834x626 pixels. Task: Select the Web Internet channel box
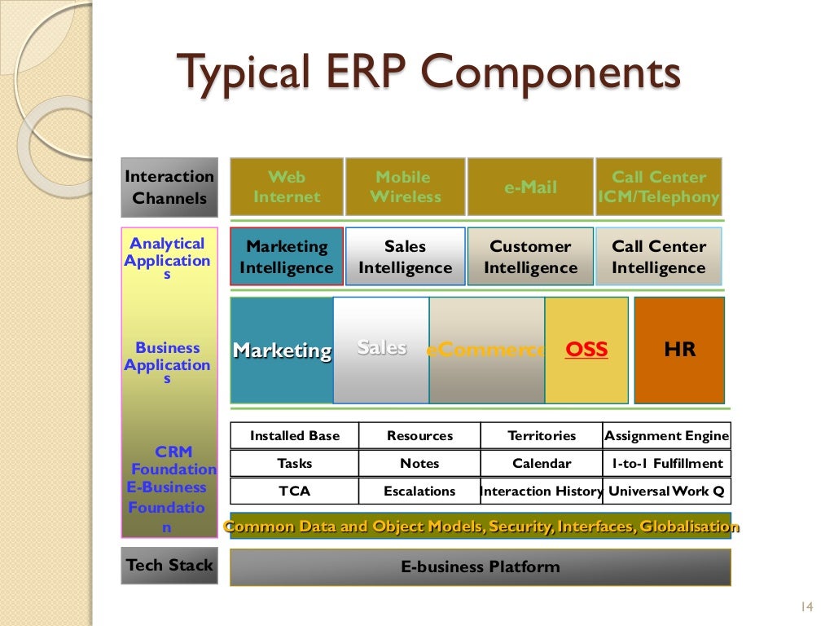click(x=287, y=187)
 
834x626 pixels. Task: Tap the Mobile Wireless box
click(x=405, y=187)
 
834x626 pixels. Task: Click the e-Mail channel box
click(x=530, y=187)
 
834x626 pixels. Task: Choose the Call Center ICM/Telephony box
click(x=659, y=187)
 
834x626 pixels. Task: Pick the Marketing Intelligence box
click(x=287, y=257)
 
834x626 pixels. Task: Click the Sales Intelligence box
click(x=405, y=257)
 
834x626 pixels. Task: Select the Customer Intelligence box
click(x=530, y=257)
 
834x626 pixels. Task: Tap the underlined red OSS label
click(x=586, y=350)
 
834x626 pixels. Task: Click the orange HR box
click(x=679, y=350)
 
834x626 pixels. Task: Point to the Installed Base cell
click(x=294, y=436)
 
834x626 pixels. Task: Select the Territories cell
click(x=542, y=436)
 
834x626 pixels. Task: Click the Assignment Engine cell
click(x=666, y=436)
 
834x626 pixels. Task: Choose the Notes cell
click(x=419, y=464)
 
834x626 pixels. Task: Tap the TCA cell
click(x=294, y=492)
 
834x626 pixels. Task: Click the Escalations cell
click(x=419, y=492)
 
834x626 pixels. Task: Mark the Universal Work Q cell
click(x=666, y=492)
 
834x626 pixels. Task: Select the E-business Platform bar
click(x=480, y=567)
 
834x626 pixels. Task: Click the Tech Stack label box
click(x=169, y=566)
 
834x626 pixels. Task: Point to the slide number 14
click(x=806, y=606)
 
